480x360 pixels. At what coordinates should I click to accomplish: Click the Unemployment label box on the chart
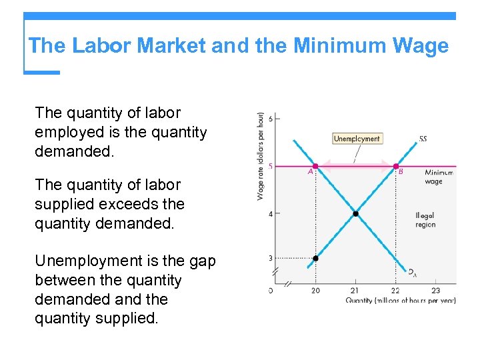point(357,139)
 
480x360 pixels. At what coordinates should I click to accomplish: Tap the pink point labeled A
point(315,166)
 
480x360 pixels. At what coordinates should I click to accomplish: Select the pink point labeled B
point(396,166)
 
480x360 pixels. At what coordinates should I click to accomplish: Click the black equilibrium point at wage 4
point(355,214)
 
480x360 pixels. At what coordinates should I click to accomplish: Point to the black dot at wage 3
point(315,258)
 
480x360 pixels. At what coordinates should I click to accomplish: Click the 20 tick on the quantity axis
point(315,290)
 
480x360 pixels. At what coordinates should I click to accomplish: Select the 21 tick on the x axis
point(355,290)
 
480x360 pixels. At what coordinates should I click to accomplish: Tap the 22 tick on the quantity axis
point(395,290)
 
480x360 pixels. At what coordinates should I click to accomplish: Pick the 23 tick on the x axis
point(435,290)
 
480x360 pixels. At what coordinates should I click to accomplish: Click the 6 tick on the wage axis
point(270,119)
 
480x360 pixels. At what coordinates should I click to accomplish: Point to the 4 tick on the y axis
point(270,214)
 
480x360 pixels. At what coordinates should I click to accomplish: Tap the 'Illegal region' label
point(425,220)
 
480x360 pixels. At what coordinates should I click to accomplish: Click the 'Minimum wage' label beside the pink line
point(438,177)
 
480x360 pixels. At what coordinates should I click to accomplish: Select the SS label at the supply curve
point(423,139)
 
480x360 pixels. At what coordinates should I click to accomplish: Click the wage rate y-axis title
point(260,155)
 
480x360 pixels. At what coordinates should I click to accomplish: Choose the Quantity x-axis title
point(400,301)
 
